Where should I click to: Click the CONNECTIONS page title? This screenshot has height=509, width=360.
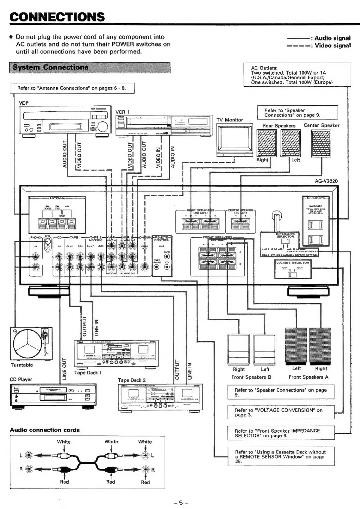point(57,17)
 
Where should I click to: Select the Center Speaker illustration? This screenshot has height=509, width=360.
point(321,143)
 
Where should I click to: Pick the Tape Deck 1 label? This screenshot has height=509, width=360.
point(88,372)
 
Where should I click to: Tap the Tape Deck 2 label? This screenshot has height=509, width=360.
point(131,380)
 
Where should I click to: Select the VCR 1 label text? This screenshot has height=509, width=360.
point(122,112)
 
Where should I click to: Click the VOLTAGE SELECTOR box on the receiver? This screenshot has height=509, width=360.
point(292,269)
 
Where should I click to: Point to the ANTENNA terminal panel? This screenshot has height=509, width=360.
point(57,213)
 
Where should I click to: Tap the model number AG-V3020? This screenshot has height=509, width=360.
point(326,181)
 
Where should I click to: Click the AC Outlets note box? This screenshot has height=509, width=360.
point(297,75)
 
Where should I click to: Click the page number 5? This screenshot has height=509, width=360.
point(181,502)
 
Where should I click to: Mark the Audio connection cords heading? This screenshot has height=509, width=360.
point(45,430)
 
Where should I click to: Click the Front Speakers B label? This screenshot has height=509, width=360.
point(251,377)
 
